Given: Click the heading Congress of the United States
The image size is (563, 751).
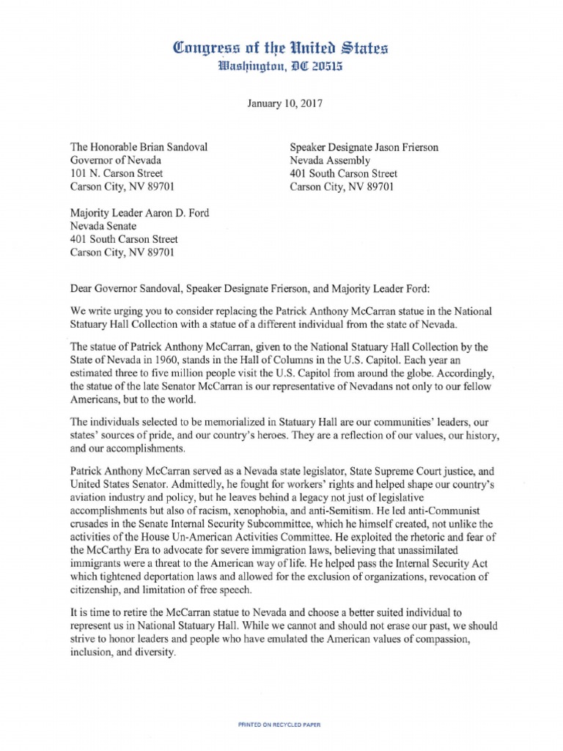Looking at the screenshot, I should pos(281,49).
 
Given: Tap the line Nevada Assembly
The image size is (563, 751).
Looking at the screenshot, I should pos(331,160).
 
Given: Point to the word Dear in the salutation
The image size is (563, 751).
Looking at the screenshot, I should pos(82,288).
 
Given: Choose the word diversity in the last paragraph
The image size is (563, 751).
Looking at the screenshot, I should pos(152,654).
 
